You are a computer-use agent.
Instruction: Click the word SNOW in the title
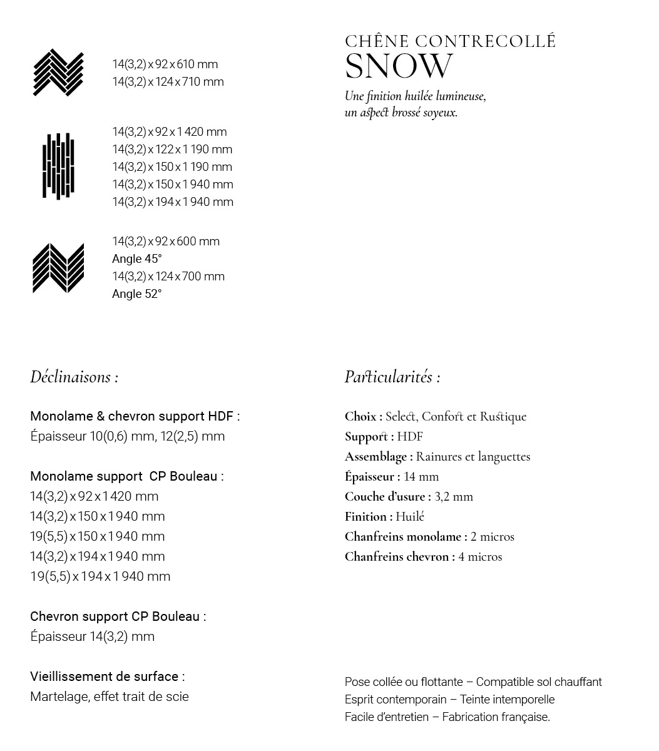[399, 66]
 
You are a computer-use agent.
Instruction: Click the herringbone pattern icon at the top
[58, 73]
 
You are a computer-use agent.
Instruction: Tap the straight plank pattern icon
[58, 166]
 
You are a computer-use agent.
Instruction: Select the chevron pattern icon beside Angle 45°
[58, 268]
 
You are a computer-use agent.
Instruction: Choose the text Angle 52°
[136, 294]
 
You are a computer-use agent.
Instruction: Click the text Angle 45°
[136, 259]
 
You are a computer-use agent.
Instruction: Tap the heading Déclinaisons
[74, 377]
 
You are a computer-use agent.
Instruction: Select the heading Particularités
[392, 377]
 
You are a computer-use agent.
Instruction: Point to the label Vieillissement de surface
[107, 677]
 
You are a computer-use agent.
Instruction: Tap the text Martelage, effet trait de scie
[109, 697]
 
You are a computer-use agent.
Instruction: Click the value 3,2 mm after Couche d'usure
[454, 497]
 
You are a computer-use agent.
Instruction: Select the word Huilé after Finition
[410, 517]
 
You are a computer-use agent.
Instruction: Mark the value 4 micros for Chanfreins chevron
[480, 557]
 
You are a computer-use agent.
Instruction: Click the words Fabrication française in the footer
[496, 717]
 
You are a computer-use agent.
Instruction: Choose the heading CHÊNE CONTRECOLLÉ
[450, 42]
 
